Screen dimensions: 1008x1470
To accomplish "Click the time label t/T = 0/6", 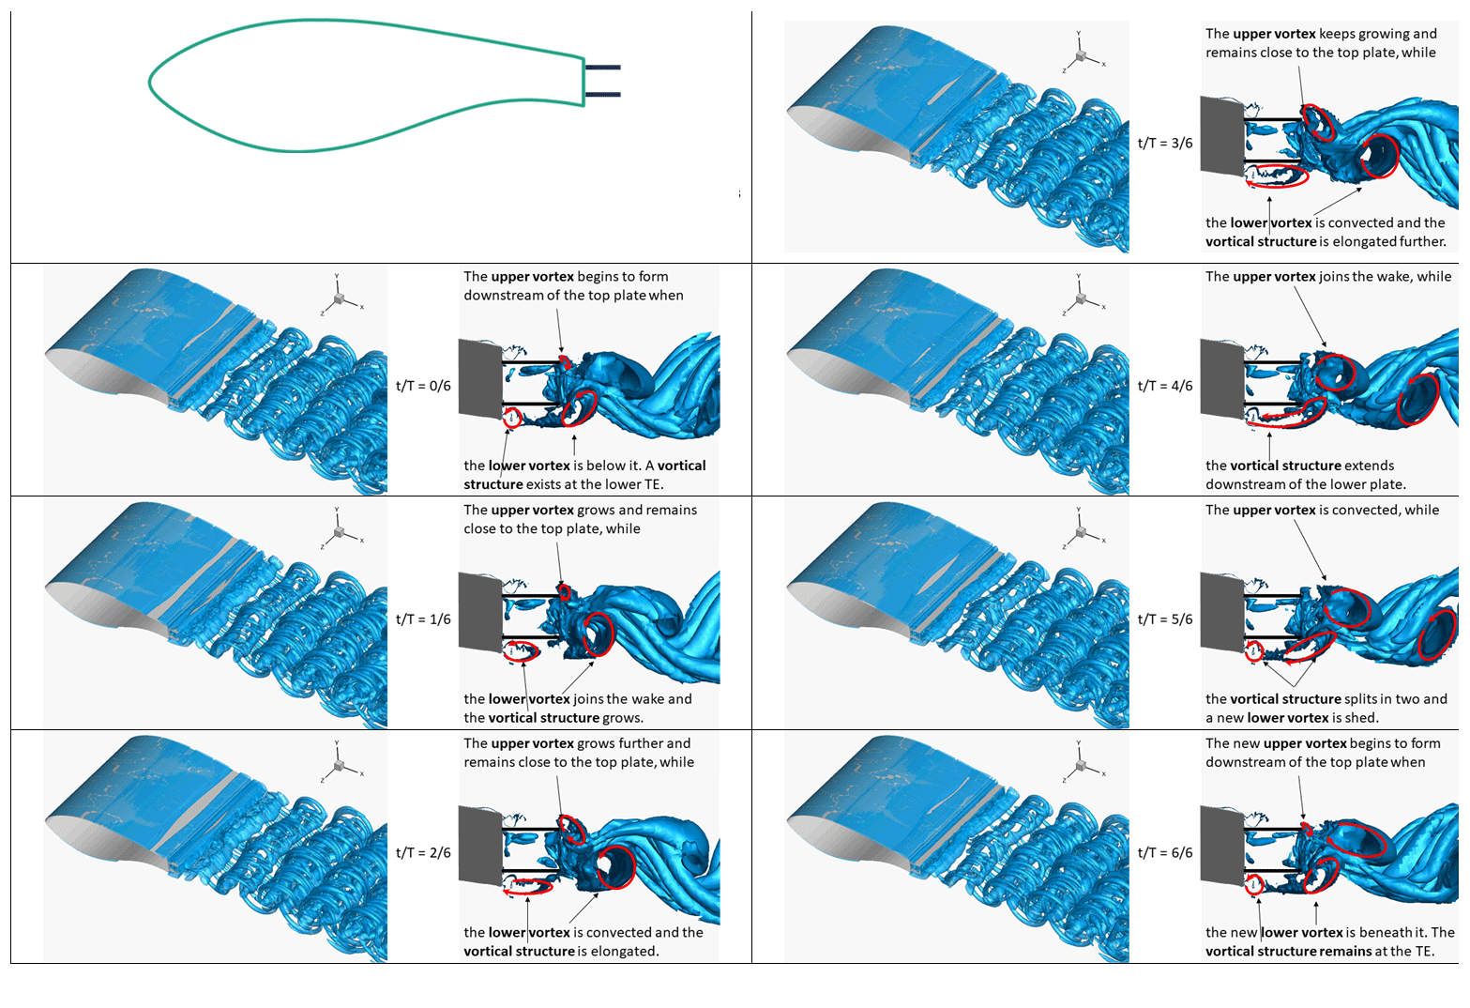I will click(x=423, y=386).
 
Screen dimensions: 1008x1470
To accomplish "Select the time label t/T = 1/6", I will click(x=423, y=619).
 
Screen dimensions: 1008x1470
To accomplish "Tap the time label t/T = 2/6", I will click(x=423, y=853).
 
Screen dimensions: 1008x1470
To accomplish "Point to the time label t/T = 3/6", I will click(x=1165, y=144).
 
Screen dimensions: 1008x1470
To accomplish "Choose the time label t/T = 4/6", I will click(x=1165, y=386).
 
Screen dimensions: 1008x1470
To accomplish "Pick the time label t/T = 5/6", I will click(x=1165, y=619).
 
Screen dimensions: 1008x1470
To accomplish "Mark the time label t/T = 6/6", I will click(x=1165, y=853).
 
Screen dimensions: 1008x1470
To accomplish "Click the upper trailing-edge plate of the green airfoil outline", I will click(x=602, y=68).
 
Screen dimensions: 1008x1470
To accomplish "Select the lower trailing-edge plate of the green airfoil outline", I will click(x=602, y=94).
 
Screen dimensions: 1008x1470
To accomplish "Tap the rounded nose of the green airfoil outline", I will click(x=152, y=83).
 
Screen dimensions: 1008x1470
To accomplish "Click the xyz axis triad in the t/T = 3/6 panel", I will click(x=1083, y=55).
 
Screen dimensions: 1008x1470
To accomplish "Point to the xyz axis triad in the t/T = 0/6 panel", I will click(x=340, y=298).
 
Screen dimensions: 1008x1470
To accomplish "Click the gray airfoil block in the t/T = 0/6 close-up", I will click(x=479, y=379).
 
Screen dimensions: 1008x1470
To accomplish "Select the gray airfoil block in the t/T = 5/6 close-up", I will click(x=1221, y=612).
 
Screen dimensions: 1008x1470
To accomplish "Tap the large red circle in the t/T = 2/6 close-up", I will click(x=615, y=866).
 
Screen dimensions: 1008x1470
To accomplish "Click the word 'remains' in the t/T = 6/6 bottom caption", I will click(x=1346, y=952).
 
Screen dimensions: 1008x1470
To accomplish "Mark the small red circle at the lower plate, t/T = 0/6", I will click(x=511, y=418).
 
